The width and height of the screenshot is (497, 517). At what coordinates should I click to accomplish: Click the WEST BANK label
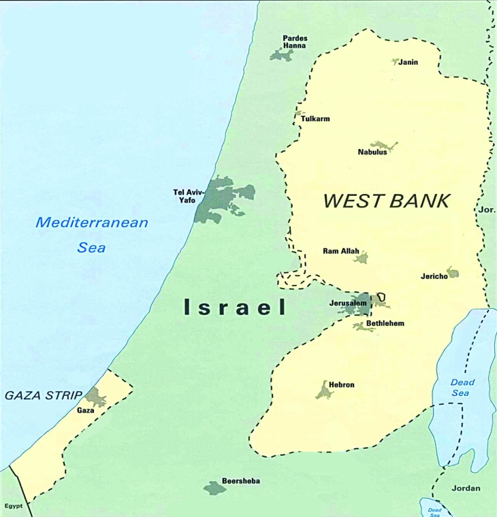[386, 201]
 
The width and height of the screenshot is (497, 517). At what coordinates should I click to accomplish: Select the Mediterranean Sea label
[92, 234]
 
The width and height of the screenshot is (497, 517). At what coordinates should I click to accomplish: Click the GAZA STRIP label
[43, 395]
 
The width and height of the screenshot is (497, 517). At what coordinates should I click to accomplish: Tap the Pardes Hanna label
[295, 41]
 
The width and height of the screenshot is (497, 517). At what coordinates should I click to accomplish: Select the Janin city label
[408, 62]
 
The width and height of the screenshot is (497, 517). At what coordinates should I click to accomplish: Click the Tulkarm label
[315, 119]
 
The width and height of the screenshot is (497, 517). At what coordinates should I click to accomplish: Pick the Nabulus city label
[372, 152]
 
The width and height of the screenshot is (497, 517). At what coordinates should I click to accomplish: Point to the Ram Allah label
[340, 251]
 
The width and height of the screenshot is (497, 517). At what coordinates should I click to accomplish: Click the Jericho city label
[434, 276]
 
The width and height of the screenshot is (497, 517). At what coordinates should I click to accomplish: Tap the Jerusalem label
[348, 302]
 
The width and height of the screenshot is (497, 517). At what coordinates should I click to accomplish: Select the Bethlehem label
[385, 323]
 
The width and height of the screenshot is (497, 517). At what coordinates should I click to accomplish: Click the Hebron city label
[342, 385]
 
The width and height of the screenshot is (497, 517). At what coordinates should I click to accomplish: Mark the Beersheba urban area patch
[214, 488]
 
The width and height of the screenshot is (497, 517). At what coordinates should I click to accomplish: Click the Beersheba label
[241, 481]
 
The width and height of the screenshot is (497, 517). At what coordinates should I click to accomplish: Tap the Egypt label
[14, 506]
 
